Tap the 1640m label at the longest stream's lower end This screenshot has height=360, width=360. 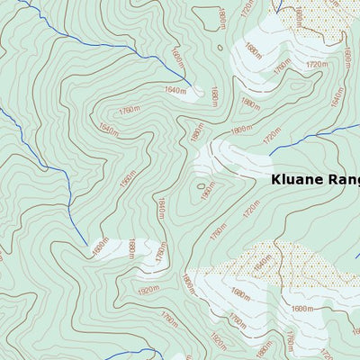click(176, 90)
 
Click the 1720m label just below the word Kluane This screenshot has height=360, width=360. click(250, 211)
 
